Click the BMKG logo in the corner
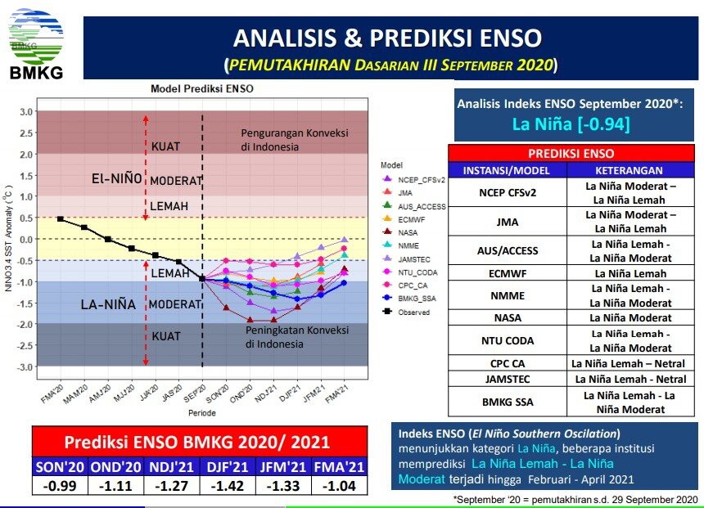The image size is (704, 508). (x=36, y=44)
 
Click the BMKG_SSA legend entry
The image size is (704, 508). (x=408, y=298)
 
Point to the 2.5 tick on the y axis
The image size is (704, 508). (x=26, y=133)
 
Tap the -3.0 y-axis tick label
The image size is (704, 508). (x=25, y=367)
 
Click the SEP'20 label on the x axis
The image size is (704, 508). (x=196, y=393)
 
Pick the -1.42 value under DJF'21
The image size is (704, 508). (x=228, y=486)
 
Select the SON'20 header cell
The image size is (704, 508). (x=60, y=467)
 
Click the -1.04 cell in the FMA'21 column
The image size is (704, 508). (x=339, y=486)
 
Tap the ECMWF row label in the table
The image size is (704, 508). (x=508, y=273)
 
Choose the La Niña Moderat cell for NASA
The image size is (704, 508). (x=631, y=317)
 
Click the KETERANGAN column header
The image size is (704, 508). (x=629, y=170)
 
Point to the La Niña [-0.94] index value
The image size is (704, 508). (x=571, y=124)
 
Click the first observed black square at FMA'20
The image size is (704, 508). (x=60, y=219)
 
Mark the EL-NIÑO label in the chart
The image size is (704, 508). (x=117, y=178)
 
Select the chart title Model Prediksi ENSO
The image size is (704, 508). (x=202, y=88)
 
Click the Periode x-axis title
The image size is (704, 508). (x=202, y=413)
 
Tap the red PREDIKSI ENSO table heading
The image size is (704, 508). (x=571, y=154)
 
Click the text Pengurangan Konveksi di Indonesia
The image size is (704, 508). (x=295, y=140)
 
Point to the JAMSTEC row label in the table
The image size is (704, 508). (x=508, y=380)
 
